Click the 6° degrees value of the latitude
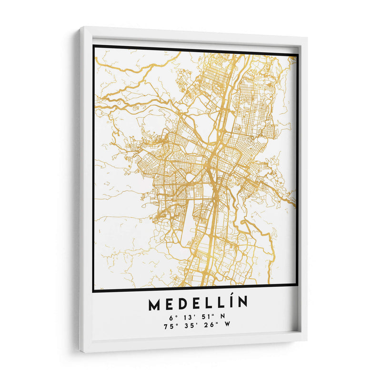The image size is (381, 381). tap(171, 317)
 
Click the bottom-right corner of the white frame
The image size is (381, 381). tap(306, 339)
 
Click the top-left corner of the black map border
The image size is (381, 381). tap(94, 46)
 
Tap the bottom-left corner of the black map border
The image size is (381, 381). tap(93, 290)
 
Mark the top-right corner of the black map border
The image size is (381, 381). tap(297, 55)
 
